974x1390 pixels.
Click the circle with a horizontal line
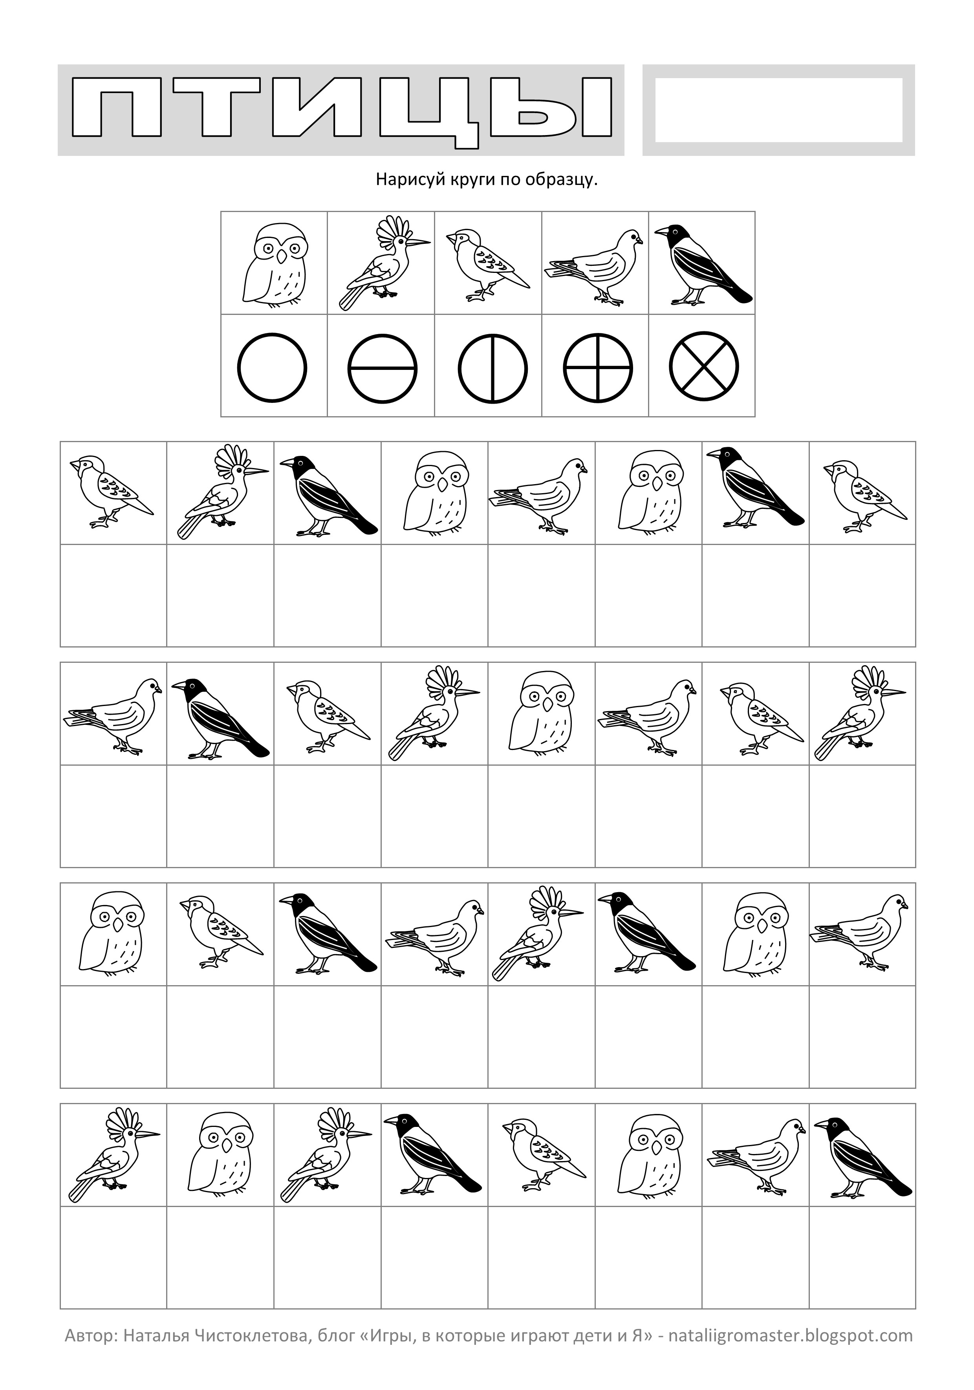pyautogui.click(x=382, y=367)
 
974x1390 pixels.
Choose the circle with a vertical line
pyautogui.click(x=492, y=367)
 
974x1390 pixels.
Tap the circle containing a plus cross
pyautogui.click(x=598, y=367)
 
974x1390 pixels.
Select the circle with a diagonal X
pyautogui.click(x=704, y=367)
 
